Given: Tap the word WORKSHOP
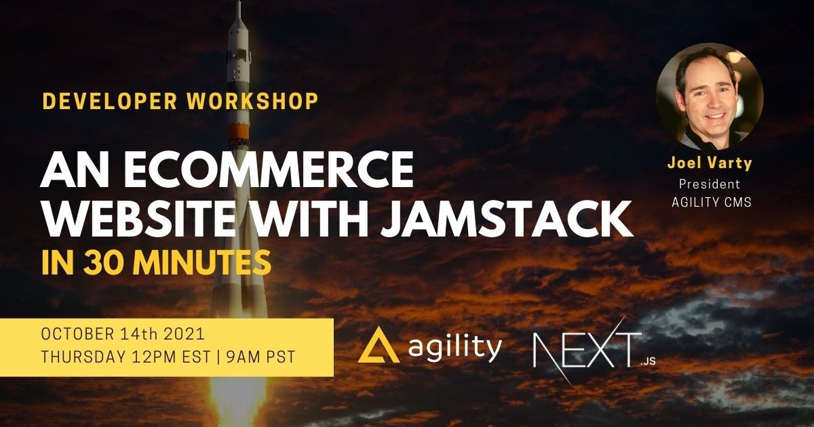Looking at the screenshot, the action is (x=253, y=101).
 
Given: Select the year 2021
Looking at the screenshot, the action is (x=185, y=334).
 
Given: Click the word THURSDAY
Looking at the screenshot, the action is (x=83, y=357).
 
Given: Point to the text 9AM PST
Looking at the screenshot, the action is (x=260, y=357).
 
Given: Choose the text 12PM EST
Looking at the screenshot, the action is (x=172, y=357).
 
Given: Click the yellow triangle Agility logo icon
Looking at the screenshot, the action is (x=379, y=345).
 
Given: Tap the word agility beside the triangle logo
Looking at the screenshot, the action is (x=455, y=347).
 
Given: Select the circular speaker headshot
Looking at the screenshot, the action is (x=710, y=96).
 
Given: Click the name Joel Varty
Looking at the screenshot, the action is (x=710, y=164).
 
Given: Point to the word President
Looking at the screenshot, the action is (x=710, y=184).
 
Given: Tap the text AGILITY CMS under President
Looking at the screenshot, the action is (x=712, y=202).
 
